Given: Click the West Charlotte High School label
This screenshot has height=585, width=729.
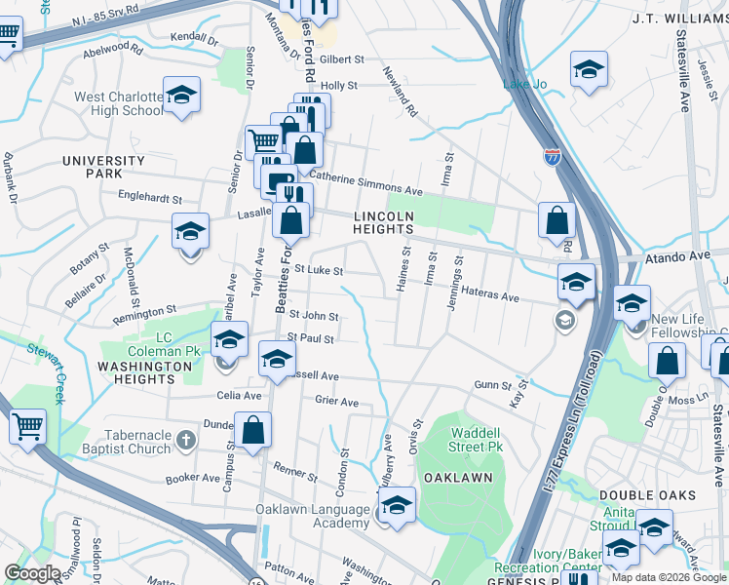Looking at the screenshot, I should [x=119, y=103].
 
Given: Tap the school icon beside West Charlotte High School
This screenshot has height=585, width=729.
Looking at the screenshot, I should [x=181, y=96].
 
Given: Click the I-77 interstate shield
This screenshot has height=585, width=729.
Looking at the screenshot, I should [x=553, y=157].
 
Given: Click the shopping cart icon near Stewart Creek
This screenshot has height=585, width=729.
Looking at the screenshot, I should [x=27, y=426].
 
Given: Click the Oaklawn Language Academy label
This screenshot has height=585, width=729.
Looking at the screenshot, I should [x=313, y=516].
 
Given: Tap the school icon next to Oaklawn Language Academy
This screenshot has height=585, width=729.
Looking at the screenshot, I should [x=397, y=506].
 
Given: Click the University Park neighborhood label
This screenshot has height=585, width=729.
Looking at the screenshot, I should [x=102, y=167].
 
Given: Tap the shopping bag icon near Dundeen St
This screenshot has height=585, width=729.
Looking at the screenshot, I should [x=252, y=431].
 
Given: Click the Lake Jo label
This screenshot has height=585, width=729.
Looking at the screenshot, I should [x=524, y=85].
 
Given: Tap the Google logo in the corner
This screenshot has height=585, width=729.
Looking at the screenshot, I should [x=32, y=573].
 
